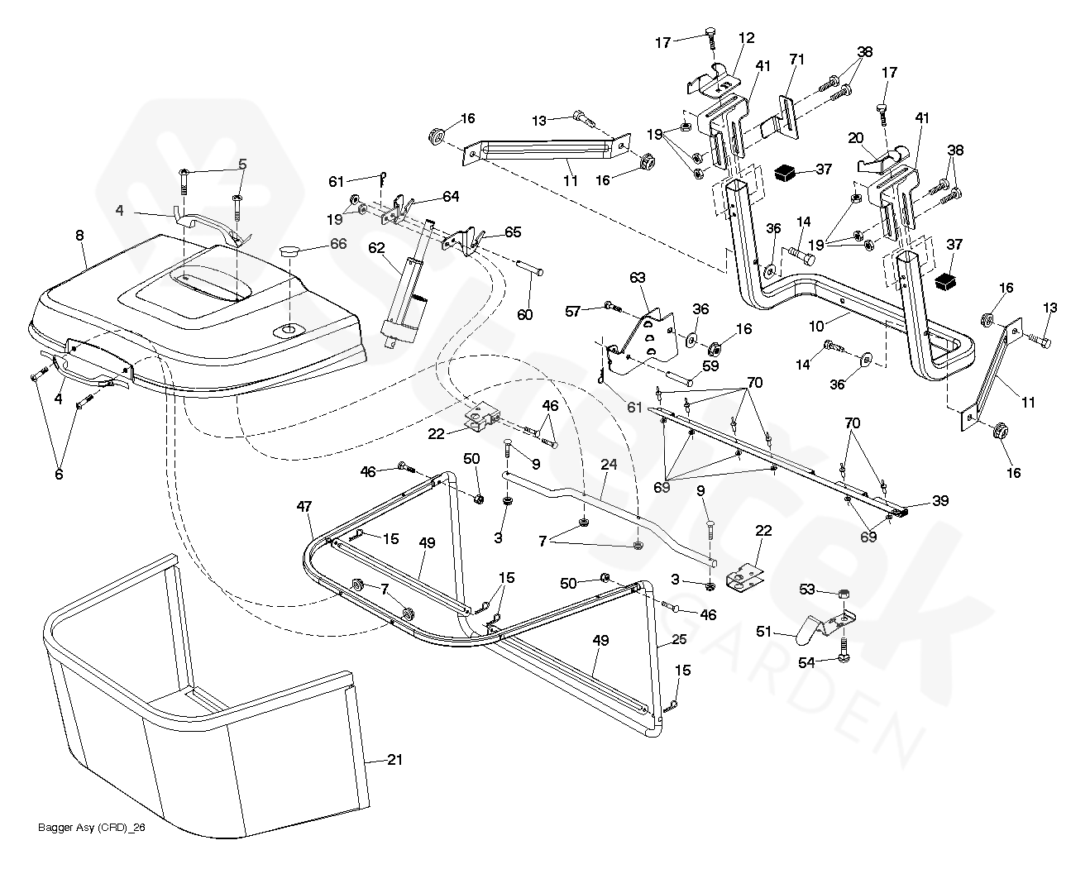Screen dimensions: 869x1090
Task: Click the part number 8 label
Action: (80, 236)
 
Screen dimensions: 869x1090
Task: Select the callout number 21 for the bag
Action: (394, 760)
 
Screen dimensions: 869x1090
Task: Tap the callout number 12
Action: (747, 38)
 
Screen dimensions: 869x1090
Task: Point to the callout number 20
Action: (855, 138)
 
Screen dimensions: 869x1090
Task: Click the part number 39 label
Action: (939, 500)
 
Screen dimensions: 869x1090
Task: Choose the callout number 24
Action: (609, 466)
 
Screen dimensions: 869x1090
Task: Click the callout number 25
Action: (679, 639)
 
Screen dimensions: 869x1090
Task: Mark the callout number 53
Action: (806, 589)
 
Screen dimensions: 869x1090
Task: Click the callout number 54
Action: (806, 662)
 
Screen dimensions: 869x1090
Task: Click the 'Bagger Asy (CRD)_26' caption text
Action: (92, 828)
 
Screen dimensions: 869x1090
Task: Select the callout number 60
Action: (525, 314)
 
